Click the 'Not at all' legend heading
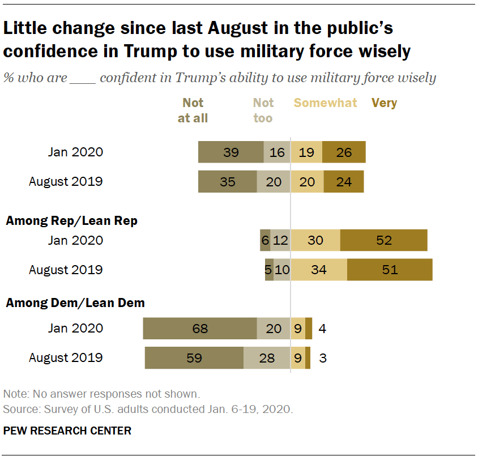point(193,110)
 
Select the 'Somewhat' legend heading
point(325,103)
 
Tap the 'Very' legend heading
point(384,103)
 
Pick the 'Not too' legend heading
point(263,110)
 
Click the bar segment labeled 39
point(231,152)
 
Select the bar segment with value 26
point(344,152)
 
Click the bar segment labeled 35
point(227,182)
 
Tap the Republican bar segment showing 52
point(383,240)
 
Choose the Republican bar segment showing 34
point(319,270)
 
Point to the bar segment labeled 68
point(200,329)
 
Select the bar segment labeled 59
point(194,358)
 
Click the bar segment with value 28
point(267,358)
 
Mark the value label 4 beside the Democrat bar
point(322,329)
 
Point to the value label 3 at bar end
point(322,358)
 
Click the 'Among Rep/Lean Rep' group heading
point(71,221)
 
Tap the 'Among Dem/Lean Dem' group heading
point(75,303)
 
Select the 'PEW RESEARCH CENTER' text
point(67,431)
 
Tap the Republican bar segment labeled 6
point(265,240)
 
